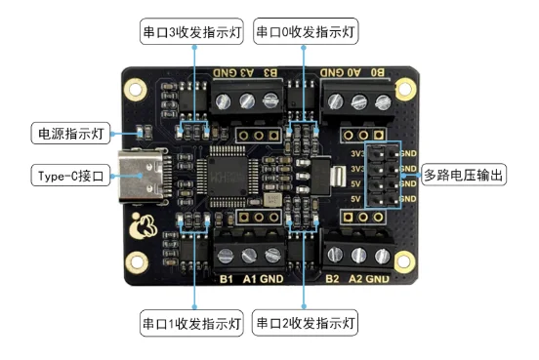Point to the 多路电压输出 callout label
pyautogui.click(x=464, y=177)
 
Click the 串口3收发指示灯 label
pyautogui.click(x=193, y=31)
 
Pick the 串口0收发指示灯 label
pyautogui.click(x=306, y=31)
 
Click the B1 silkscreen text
pyautogui.click(x=226, y=280)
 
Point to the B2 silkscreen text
pyautogui.click(x=332, y=280)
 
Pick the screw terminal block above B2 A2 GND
pyautogui.click(x=356, y=253)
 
